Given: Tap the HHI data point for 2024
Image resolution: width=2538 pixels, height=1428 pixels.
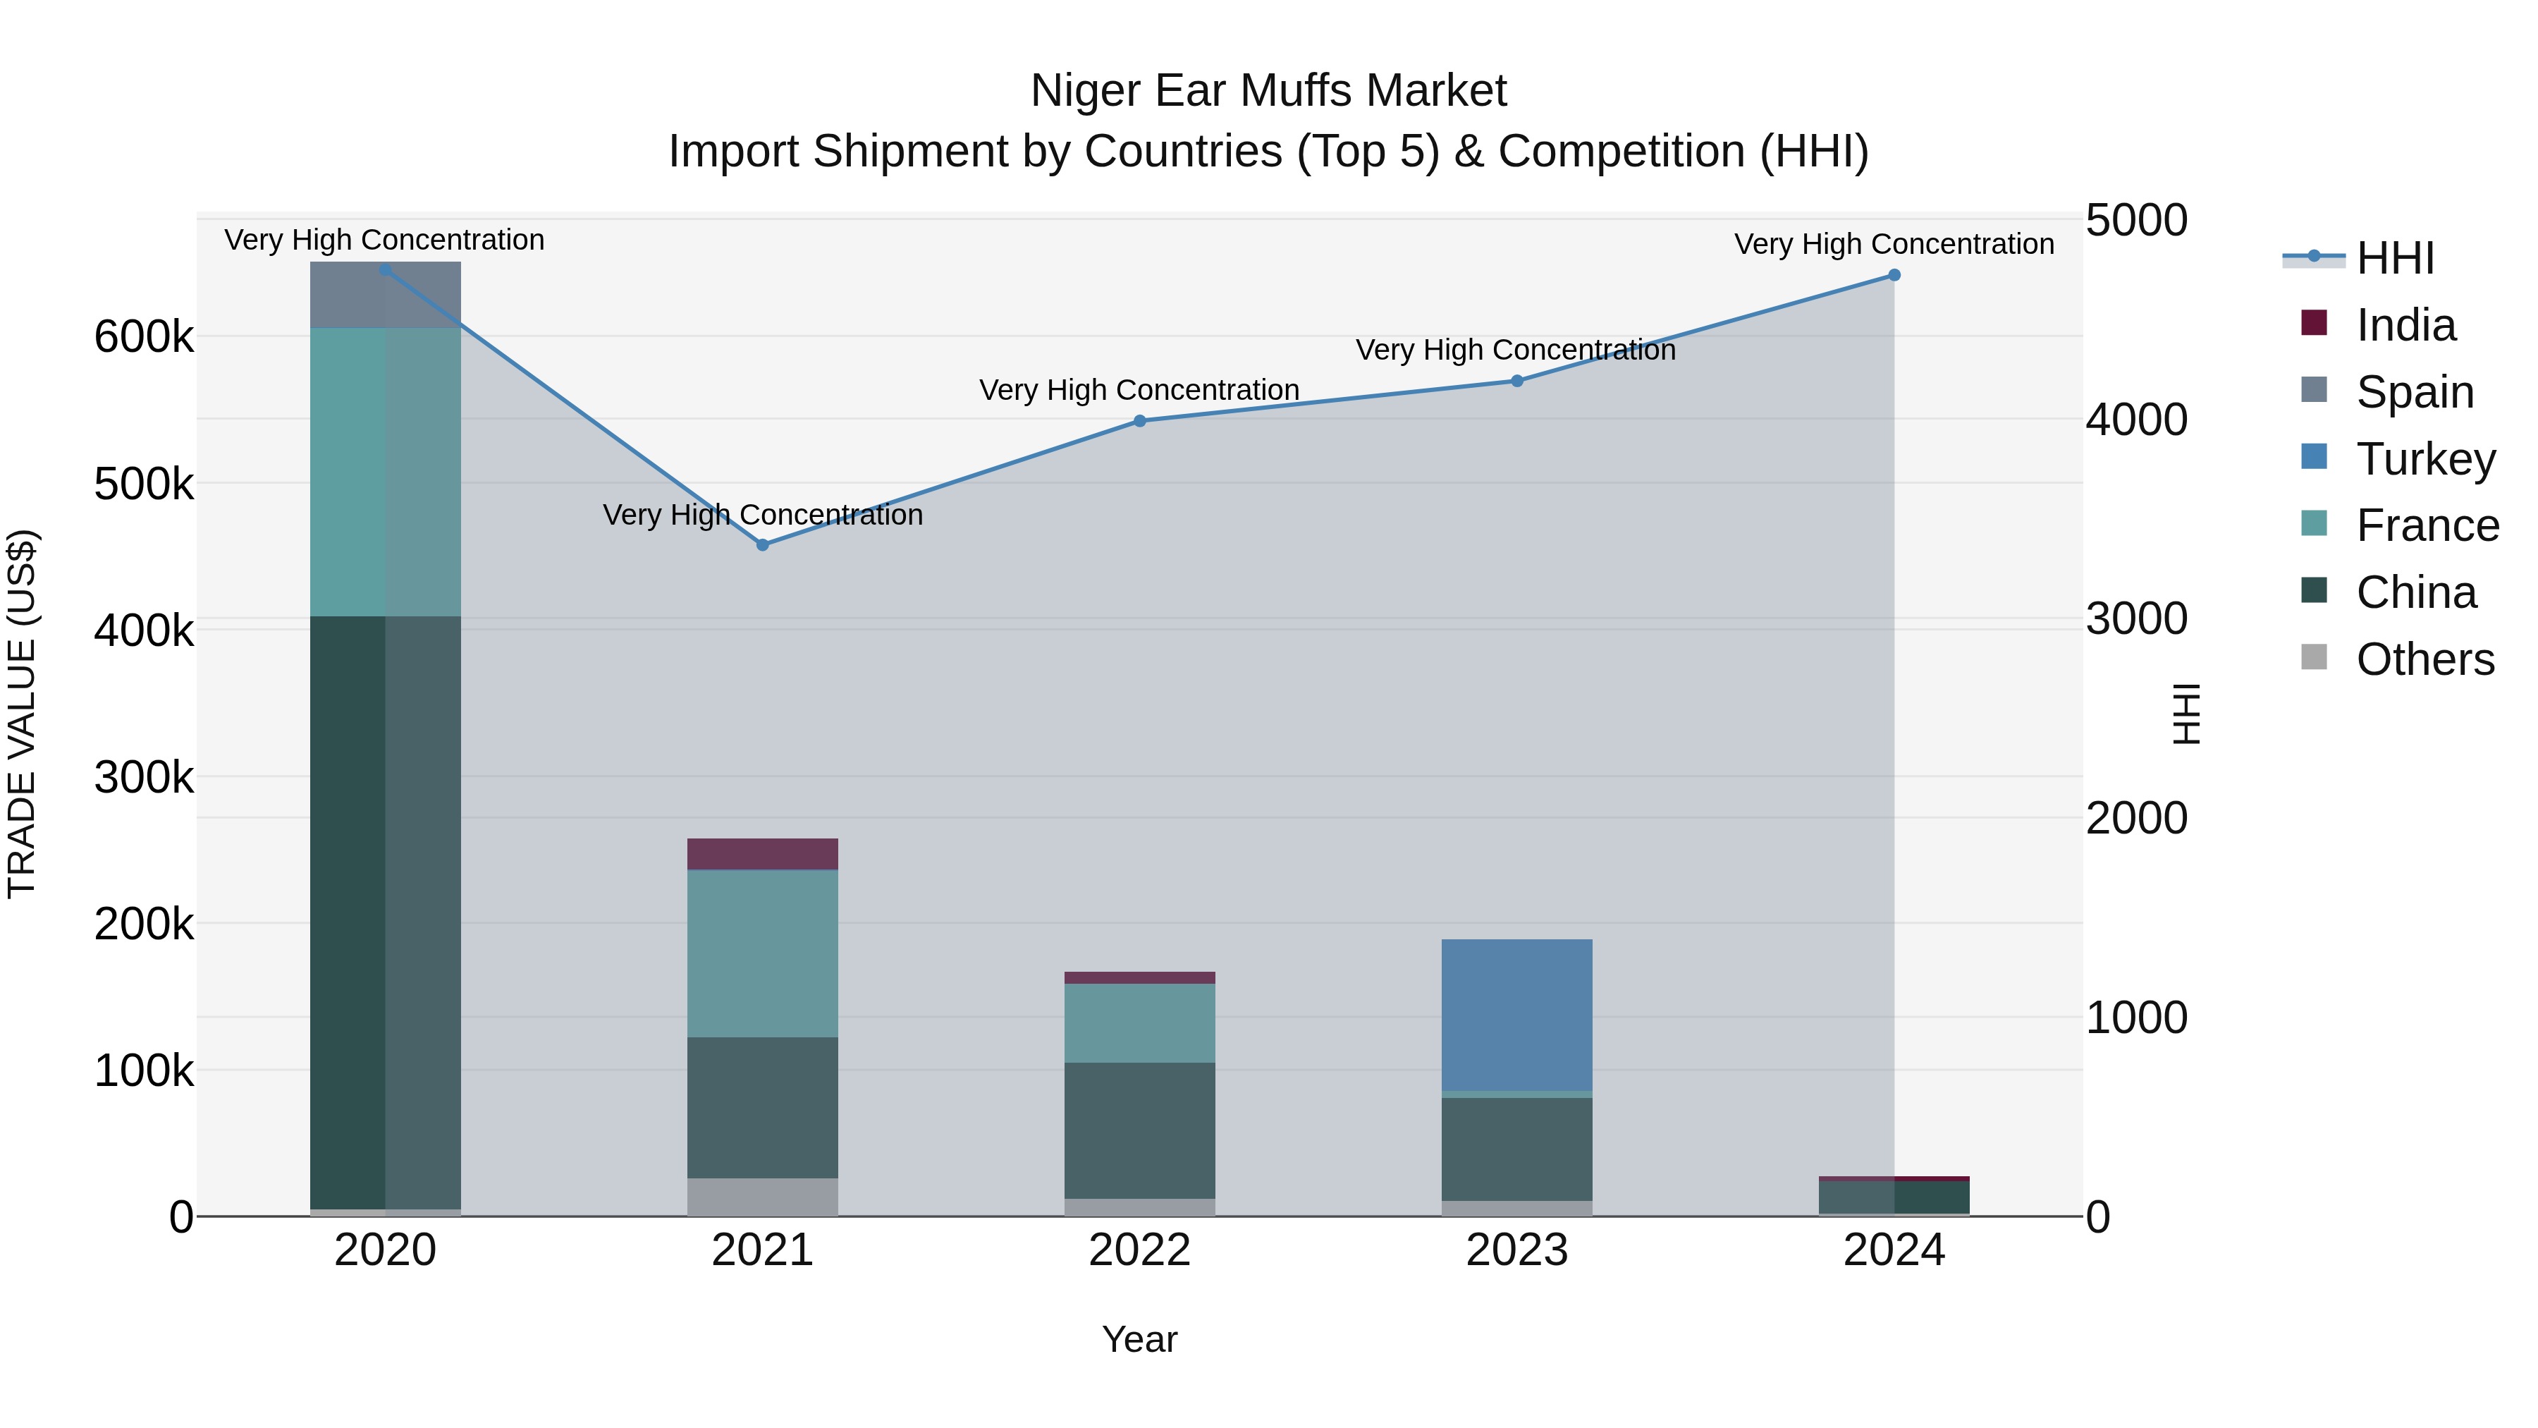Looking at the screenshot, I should [1894, 275].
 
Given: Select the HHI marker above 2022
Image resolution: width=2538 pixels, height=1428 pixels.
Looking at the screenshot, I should [1139, 421].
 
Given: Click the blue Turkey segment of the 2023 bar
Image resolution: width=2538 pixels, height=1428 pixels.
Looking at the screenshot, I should [1516, 1015].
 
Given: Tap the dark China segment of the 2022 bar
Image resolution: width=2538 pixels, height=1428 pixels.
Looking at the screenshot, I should [1139, 1130].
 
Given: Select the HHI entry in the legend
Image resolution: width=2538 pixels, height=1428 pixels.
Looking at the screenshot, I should [2394, 258].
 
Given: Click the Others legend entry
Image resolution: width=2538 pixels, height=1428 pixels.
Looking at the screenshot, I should [2424, 659].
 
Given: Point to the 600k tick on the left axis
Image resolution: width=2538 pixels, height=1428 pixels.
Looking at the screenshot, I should [144, 337].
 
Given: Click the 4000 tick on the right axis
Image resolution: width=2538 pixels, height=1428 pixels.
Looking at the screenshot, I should [2136, 419].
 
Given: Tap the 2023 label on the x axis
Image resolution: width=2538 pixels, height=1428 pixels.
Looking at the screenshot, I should [1516, 1250].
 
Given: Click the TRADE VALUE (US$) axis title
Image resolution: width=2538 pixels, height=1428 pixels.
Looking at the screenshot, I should [22, 714].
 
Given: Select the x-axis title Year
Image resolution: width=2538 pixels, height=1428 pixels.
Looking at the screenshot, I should [1139, 1339].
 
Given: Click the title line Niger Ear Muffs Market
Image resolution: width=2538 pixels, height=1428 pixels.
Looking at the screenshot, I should [1268, 91].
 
